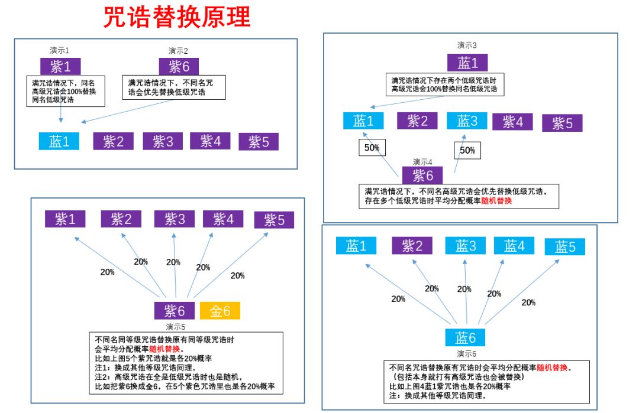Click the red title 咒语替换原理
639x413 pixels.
tap(177, 18)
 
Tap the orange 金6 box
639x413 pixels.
tap(220, 310)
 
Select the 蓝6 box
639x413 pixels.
tap(465, 337)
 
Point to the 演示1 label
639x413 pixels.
tap(60, 51)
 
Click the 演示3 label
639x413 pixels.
tap(467, 45)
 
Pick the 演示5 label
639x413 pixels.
tap(175, 326)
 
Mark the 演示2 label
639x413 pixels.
tap(178, 51)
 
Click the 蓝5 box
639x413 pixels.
tap(564, 246)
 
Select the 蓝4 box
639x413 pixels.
tap(514, 246)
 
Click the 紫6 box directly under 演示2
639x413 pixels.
tap(179, 66)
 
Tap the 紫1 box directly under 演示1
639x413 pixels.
tap(60, 66)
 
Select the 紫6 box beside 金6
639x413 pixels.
tap(174, 310)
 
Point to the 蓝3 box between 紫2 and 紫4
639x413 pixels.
tap(466, 121)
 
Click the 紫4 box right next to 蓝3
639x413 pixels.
tap(512, 122)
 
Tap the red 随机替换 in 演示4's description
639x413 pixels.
tap(497, 201)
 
